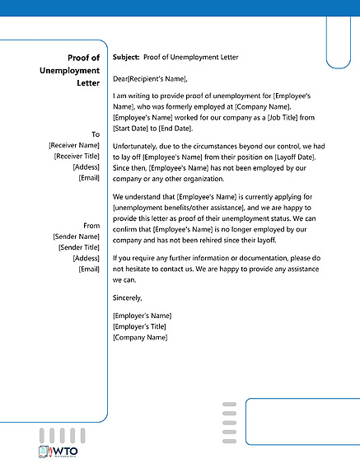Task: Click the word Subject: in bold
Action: coord(126,58)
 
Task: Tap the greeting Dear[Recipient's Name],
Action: coord(150,79)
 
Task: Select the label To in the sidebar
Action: coord(95,133)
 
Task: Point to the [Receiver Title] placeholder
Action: coord(77,155)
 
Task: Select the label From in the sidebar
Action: coord(91,225)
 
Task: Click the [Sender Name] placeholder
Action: coord(76,236)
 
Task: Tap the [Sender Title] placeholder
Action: coord(78,246)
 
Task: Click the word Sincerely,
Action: coord(128,297)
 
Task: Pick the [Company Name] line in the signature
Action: coord(139,337)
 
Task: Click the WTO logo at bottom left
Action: coord(57,453)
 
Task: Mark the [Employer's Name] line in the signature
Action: coord(142,316)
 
